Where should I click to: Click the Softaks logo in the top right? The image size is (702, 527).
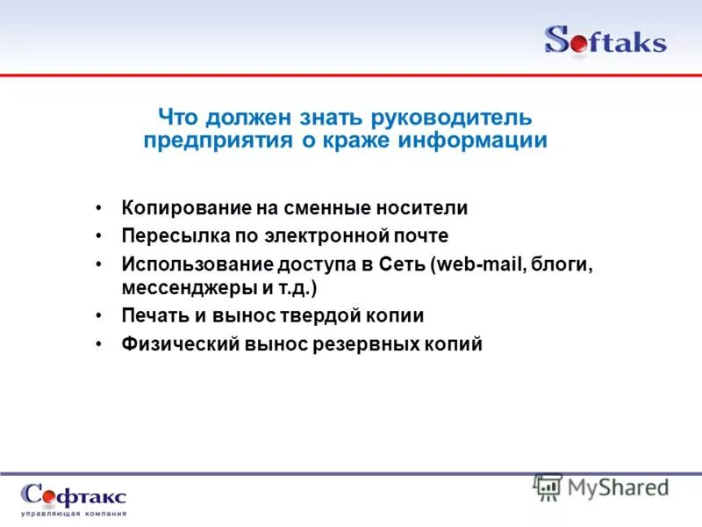pos(605,40)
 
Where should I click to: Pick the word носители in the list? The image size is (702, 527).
pos(425,208)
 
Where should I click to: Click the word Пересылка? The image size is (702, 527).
pos(167,235)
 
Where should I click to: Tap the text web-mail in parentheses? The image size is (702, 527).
pos(473,264)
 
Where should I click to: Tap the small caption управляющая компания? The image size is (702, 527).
pos(74,513)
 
